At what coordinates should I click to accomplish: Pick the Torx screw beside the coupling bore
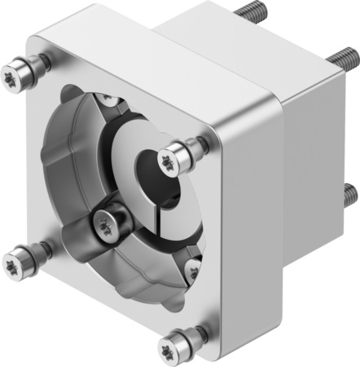coord(172,157)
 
